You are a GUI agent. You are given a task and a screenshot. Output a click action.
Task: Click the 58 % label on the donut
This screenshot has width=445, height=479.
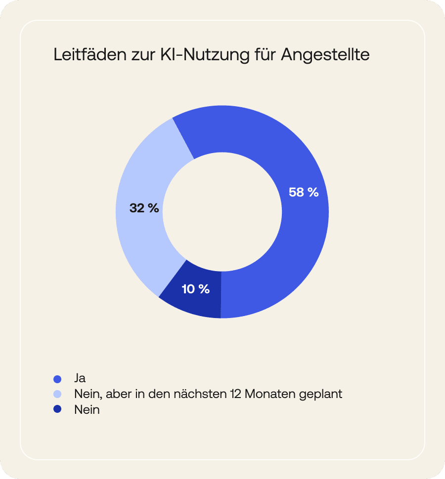(304, 193)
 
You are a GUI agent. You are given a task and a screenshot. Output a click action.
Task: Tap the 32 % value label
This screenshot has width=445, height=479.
(144, 208)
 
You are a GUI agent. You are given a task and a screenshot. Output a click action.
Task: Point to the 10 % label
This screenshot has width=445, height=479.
(196, 289)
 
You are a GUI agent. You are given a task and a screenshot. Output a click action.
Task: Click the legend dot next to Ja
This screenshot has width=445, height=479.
(57, 379)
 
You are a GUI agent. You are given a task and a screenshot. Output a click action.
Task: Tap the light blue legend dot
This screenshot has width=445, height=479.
(57, 395)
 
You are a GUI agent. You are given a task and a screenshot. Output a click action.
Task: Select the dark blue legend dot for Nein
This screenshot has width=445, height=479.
(57, 410)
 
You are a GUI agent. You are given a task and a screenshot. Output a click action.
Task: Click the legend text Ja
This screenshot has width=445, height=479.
(80, 379)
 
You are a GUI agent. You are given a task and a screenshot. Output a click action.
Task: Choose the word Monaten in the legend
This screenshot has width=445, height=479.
(270, 395)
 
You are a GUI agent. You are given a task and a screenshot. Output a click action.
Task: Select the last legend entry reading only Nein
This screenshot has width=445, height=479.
(87, 410)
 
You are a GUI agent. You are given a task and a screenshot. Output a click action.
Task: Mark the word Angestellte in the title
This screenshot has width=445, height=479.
(325, 55)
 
